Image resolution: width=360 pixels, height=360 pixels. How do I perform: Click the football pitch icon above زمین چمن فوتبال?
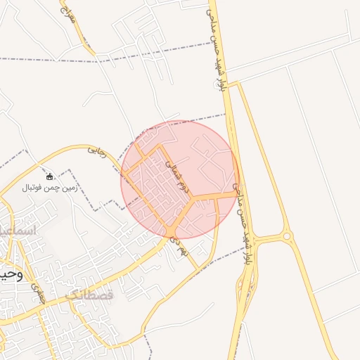50,176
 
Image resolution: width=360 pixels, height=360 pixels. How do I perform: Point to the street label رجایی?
97,151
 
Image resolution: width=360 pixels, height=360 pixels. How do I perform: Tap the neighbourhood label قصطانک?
89,295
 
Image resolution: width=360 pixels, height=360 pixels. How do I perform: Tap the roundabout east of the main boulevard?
287,237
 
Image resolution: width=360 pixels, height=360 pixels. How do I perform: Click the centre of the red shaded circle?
180,179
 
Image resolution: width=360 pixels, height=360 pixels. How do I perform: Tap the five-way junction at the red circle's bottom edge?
172,231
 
